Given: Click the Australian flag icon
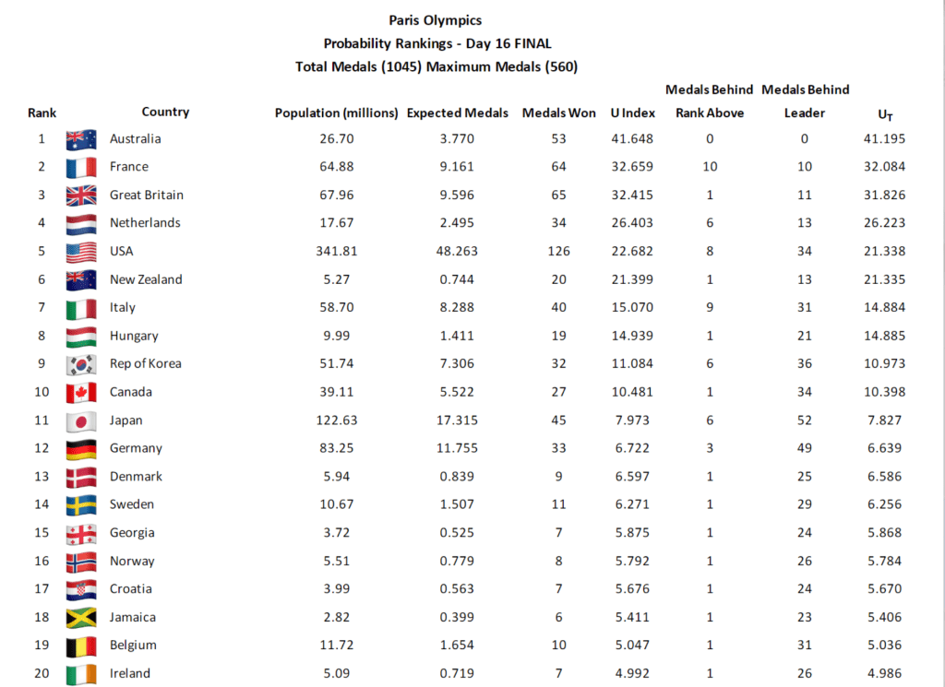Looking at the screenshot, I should coord(81,139).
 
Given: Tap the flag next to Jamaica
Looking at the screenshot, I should coord(81,618).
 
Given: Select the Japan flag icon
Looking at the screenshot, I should coord(81,420).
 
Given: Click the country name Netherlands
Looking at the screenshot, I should coord(145,223).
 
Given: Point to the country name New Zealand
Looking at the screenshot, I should coord(146,279).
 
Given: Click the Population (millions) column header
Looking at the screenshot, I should coord(336,113).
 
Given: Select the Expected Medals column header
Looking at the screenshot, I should coord(458,113).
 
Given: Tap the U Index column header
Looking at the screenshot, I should coord(632,113).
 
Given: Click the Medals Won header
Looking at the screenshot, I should coord(558,113).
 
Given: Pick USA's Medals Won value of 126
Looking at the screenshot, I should coord(558,252).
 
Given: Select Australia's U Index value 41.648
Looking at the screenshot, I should coord(632,139).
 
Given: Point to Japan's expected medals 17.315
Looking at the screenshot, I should coord(458,420).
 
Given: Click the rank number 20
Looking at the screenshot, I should coord(42,674).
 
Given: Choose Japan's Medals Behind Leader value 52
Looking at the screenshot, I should coord(804,420).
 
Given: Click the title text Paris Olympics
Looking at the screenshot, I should coord(436,20).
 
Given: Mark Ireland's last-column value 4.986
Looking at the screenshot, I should coord(885,674).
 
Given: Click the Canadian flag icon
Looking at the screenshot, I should coord(81,393).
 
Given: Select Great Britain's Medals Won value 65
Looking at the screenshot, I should coord(558,195).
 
